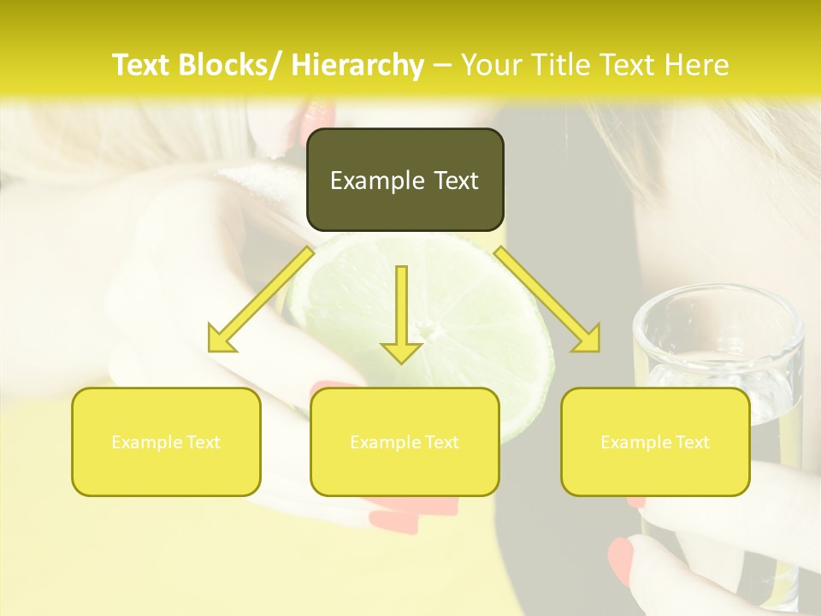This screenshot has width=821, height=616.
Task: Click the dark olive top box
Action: click(x=405, y=180)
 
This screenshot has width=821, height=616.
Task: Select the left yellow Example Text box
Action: click(x=166, y=441)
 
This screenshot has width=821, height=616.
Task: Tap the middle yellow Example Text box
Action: click(x=405, y=441)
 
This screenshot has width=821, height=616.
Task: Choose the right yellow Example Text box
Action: click(x=655, y=441)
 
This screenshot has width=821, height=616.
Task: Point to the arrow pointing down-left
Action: click(x=260, y=300)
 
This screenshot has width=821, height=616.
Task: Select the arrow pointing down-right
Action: click(x=548, y=300)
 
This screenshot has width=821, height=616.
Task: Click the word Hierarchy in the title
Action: click(x=357, y=65)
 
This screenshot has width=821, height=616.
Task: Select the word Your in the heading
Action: click(x=490, y=65)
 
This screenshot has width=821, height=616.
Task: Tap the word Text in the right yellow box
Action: click(x=691, y=441)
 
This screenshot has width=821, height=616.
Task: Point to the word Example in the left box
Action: click(x=146, y=441)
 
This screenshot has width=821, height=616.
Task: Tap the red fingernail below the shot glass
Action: click(x=621, y=561)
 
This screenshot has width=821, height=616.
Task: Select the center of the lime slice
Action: click(x=428, y=329)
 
